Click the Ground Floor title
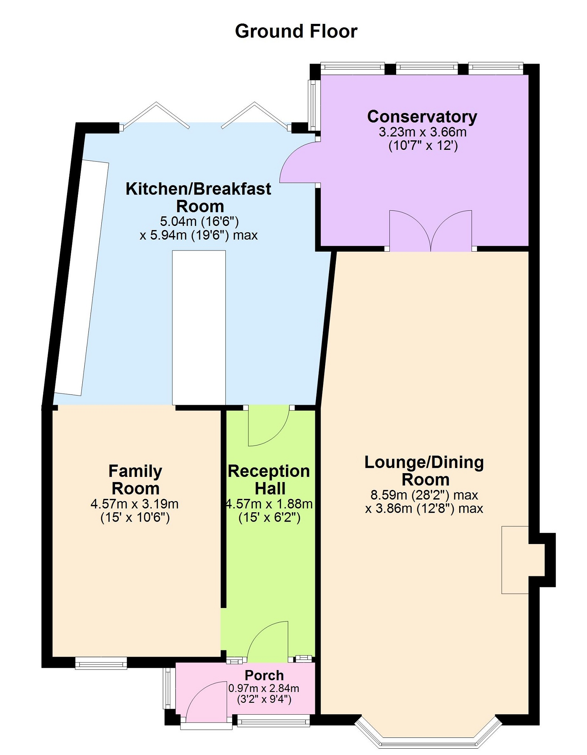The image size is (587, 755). coord(296,31)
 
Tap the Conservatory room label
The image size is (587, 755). coord(422,116)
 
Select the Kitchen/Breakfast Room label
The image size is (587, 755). coord(198,197)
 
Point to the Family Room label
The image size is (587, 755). coord(135,479)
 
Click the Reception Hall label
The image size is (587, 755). coord(269,479)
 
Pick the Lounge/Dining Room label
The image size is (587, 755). coord(424,471)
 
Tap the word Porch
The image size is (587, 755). coord(264,675)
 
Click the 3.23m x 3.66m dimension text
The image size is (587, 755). coord(423,132)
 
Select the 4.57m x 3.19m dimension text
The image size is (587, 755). coord(135,504)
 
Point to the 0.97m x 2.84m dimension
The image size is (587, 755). coord(264,688)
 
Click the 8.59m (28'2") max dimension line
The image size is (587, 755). coord(424,495)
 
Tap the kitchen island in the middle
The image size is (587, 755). coord(199,327)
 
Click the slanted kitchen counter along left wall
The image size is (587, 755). coord(82,278)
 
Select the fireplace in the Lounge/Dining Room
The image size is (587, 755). coord(515,560)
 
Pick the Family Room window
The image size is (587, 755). coord(101,663)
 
